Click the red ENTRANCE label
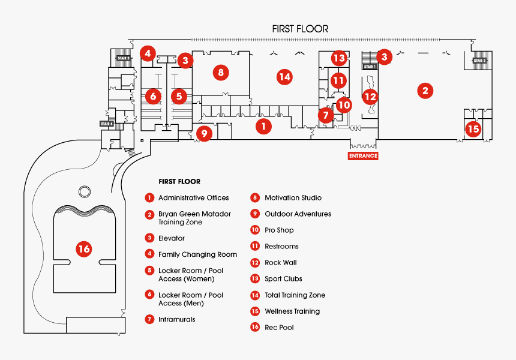click(363, 156)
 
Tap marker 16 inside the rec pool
click(83, 248)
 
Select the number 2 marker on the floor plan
click(425, 91)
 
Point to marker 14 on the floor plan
click(284, 76)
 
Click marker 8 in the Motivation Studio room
click(221, 73)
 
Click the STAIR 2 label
click(479, 61)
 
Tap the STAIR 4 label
click(107, 123)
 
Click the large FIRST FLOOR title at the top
click(300, 28)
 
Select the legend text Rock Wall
click(281, 263)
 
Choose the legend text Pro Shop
click(279, 230)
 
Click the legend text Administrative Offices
click(193, 198)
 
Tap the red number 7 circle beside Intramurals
click(149, 319)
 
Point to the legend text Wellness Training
click(292, 311)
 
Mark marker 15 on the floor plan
click(473, 128)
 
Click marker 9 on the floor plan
click(204, 133)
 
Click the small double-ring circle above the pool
click(83, 191)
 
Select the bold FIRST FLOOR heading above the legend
click(179, 181)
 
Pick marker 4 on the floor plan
click(148, 53)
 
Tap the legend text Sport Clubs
click(283, 279)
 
